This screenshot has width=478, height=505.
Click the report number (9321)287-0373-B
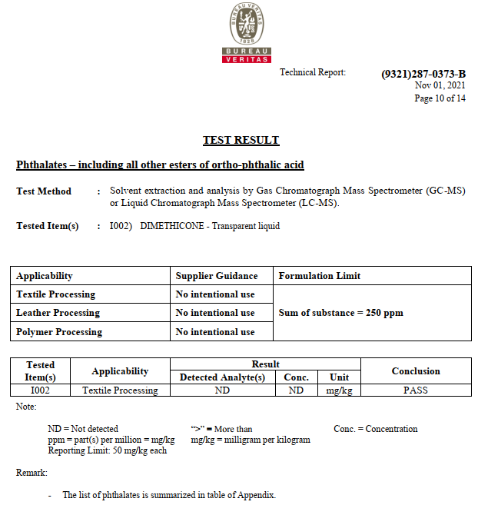click(423, 74)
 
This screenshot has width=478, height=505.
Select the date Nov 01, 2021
click(440, 85)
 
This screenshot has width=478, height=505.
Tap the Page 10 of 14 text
click(440, 98)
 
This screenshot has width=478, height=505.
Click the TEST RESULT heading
click(241, 141)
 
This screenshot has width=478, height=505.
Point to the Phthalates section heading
click(160, 165)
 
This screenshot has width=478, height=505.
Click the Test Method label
click(44, 191)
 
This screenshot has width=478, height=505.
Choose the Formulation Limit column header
click(319, 276)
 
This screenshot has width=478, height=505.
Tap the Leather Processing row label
click(58, 313)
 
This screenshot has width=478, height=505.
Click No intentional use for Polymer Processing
click(215, 332)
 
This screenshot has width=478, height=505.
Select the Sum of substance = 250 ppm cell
click(340, 313)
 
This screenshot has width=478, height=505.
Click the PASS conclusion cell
click(416, 390)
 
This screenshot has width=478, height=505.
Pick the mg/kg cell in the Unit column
click(339, 390)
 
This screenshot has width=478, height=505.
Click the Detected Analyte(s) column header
click(222, 377)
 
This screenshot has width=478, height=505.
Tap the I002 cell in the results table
click(41, 390)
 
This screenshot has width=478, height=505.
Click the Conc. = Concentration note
click(376, 429)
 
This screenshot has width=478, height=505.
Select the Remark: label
click(32, 473)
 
